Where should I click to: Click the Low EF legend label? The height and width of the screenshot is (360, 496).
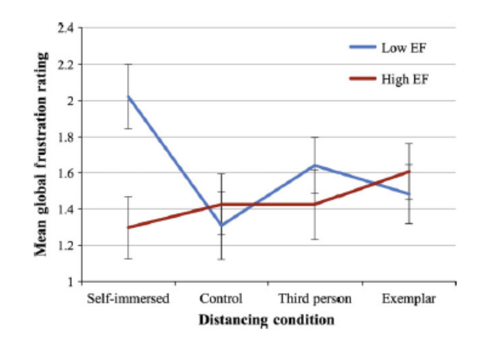point(404,48)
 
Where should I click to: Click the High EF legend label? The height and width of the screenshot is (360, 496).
point(404,79)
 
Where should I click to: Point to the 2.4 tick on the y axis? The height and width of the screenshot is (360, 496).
point(65,28)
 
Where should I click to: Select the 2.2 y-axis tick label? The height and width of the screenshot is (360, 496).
point(65,65)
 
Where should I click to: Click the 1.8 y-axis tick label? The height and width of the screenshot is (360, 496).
point(65,137)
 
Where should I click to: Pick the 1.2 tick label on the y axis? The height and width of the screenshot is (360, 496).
point(65,245)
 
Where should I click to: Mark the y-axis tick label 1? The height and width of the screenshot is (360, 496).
point(71,282)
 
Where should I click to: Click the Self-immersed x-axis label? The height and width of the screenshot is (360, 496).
point(128,299)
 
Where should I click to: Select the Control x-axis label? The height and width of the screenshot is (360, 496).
point(221,299)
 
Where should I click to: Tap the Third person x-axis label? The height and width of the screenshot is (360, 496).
point(315,299)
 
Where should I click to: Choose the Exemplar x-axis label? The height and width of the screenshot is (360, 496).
point(409,299)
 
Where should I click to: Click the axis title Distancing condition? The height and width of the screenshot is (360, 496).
point(266,320)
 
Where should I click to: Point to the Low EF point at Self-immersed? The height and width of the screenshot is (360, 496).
point(128,96)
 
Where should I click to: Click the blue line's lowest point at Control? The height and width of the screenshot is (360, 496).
point(222,226)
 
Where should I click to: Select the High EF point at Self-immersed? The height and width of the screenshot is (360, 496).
point(128,227)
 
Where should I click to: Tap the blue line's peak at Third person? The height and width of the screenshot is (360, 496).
point(315,165)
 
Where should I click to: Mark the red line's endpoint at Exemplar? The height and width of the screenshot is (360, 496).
point(409,171)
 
